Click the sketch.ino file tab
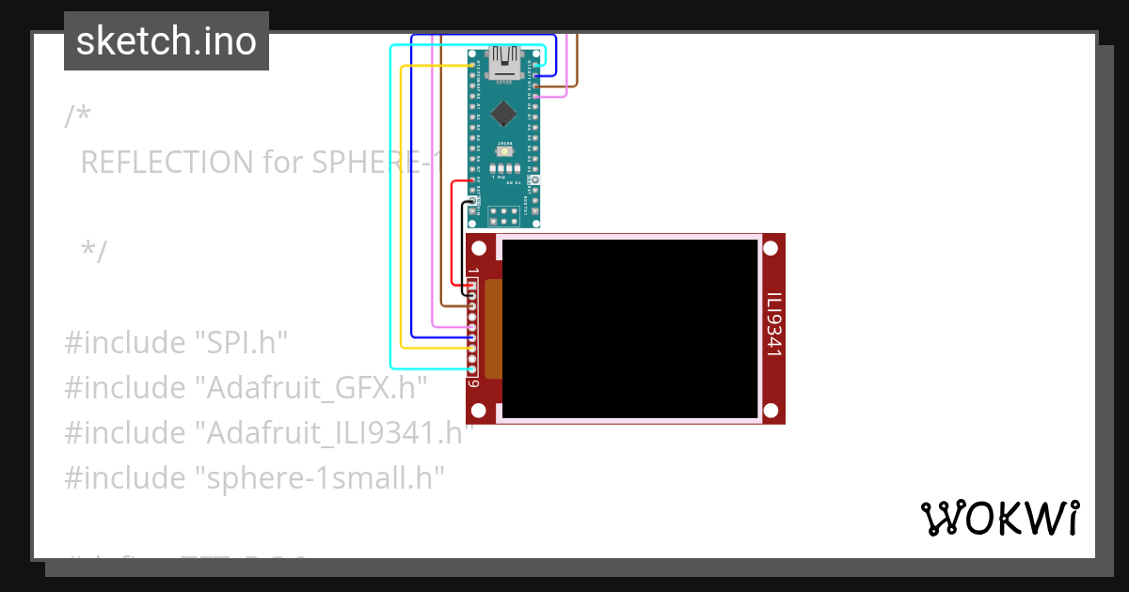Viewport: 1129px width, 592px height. [167, 41]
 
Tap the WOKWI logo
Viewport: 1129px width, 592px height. [999, 518]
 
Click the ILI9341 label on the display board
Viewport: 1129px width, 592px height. [773, 325]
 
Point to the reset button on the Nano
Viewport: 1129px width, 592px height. [505, 152]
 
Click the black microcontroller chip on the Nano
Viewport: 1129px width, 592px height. [504, 113]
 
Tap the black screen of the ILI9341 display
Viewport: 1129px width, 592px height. [629, 328]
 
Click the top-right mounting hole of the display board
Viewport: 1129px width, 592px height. [771, 248]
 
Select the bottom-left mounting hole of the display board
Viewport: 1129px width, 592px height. [479, 411]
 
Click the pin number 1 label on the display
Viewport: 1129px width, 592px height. [473, 272]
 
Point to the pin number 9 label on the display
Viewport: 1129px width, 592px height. [473, 383]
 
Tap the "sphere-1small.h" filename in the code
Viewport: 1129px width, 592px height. [319, 477]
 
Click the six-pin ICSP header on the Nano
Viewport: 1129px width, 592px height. [504, 217]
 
